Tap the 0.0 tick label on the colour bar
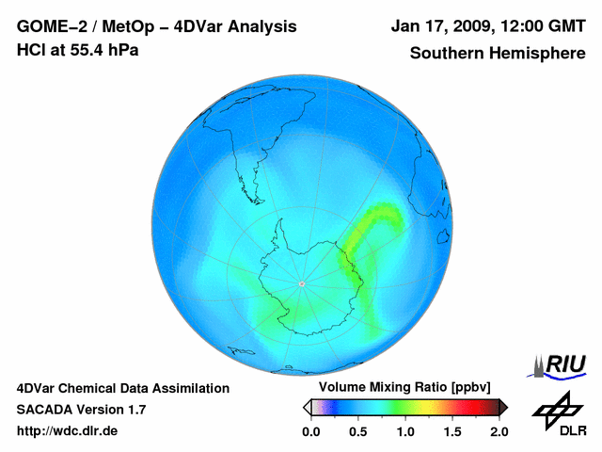click(310, 431)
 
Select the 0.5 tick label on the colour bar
click(357, 431)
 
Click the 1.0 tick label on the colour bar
click(404, 431)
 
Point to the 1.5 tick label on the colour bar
click(451, 431)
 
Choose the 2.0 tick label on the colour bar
click(499, 431)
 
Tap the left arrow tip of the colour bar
click(306, 407)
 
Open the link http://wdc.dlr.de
click(68, 431)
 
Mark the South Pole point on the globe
click(301, 283)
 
